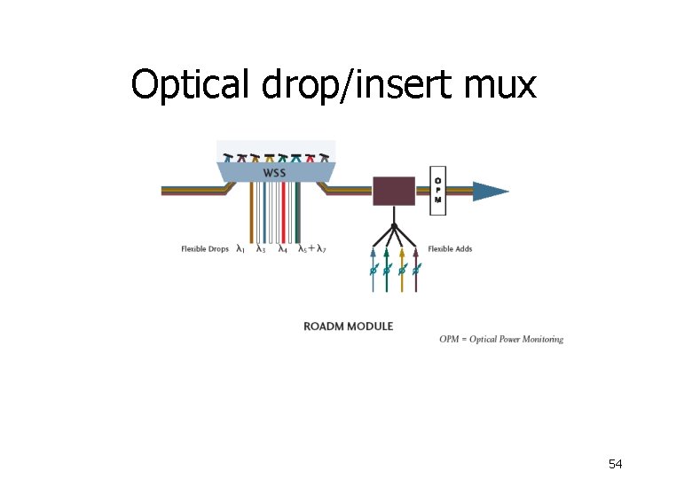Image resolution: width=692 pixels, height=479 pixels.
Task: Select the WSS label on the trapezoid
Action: click(275, 172)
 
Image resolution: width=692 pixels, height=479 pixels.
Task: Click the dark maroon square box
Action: click(393, 191)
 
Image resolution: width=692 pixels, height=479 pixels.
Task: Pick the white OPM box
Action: click(437, 190)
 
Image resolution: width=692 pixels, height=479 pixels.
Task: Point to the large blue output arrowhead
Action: click(491, 191)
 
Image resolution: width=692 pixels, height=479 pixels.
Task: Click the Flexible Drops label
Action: click(205, 249)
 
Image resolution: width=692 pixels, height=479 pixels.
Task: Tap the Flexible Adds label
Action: click(450, 249)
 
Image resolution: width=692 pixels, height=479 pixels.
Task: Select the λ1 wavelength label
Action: click(240, 249)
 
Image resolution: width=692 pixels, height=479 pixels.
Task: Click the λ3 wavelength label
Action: click(261, 249)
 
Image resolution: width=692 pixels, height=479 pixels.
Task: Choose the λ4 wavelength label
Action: click(282, 249)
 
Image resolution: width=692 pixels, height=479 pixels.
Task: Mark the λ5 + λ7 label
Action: click(312, 249)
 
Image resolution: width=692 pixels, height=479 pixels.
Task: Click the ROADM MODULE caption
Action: click(348, 326)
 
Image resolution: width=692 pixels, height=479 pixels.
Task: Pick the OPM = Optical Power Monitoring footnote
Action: click(501, 339)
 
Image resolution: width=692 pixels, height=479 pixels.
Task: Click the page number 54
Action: click(616, 464)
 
